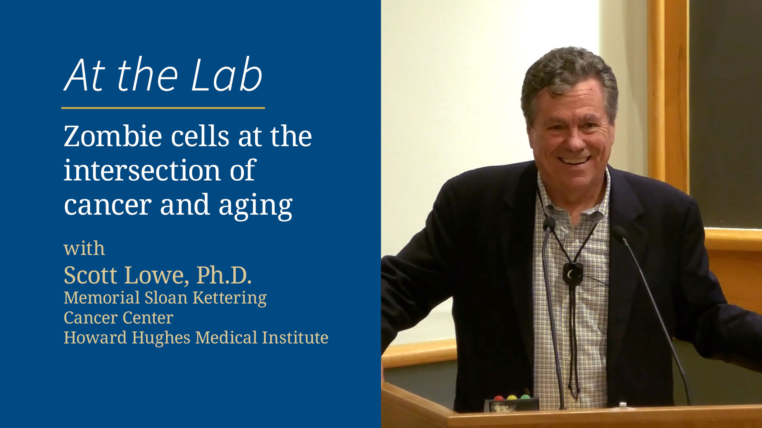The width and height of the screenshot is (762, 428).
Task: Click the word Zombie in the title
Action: click(113, 137)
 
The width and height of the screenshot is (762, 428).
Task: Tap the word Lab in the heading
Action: click(227, 75)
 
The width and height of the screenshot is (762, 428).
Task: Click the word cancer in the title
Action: click(108, 205)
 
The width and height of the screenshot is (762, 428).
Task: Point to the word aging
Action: click(255, 206)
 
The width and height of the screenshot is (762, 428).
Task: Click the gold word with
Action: click(84, 249)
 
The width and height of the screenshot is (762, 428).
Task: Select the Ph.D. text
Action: click(224, 275)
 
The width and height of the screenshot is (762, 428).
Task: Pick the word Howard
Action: click(95, 338)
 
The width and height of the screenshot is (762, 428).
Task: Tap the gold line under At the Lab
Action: click(163, 107)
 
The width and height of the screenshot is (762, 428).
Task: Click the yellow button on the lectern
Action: click(512, 397)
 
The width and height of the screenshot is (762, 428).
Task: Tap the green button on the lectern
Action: click(525, 397)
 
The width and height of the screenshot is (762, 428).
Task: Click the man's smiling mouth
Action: click(574, 160)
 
